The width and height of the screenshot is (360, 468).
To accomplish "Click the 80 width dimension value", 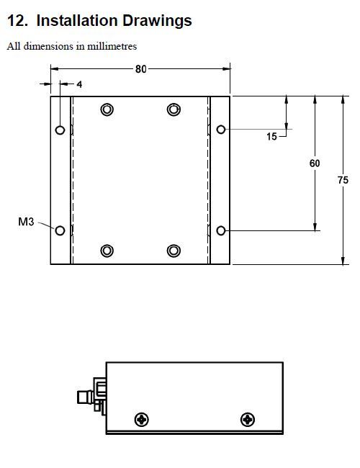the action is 141,69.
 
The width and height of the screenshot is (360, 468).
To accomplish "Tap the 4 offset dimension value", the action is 79,84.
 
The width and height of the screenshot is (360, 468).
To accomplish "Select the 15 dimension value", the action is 271,137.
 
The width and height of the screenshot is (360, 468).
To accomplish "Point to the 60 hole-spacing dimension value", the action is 315,163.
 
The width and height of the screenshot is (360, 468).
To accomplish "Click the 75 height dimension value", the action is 343,180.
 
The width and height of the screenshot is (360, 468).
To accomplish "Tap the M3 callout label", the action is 26,222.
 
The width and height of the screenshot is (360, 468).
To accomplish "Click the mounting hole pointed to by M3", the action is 60,230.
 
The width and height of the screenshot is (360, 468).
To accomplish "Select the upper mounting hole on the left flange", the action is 60,130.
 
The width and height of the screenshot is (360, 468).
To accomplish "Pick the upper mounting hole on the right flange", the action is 220,130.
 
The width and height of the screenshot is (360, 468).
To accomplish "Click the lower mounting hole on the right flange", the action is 220,230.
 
